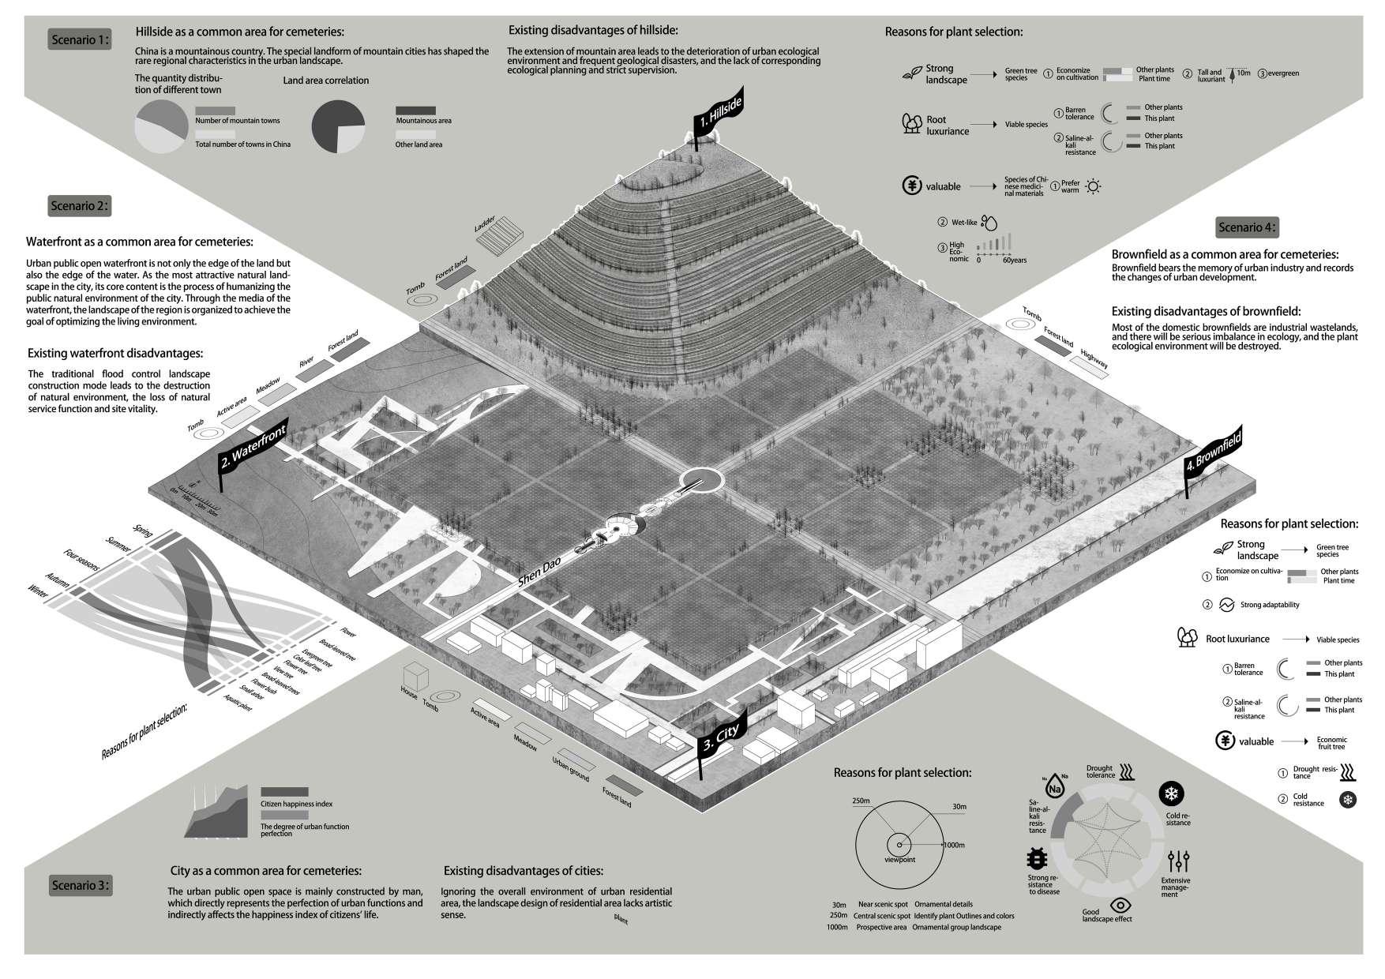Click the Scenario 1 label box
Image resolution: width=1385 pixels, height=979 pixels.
80,39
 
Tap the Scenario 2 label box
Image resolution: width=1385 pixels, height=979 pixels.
80,206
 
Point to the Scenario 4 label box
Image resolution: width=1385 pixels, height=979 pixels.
1246,227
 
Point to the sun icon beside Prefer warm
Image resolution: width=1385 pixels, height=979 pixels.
1093,187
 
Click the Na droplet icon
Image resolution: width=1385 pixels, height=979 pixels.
1054,787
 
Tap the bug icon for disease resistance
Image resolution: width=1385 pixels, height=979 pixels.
1037,859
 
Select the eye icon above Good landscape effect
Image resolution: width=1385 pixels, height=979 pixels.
1119,905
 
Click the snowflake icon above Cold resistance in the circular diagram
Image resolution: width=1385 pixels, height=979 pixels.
1171,794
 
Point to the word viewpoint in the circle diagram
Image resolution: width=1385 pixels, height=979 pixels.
899,859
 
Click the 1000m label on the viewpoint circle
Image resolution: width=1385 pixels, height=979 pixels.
954,845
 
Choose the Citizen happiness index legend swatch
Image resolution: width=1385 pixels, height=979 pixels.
284,792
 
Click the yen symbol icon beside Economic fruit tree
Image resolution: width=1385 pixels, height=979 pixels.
1225,741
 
